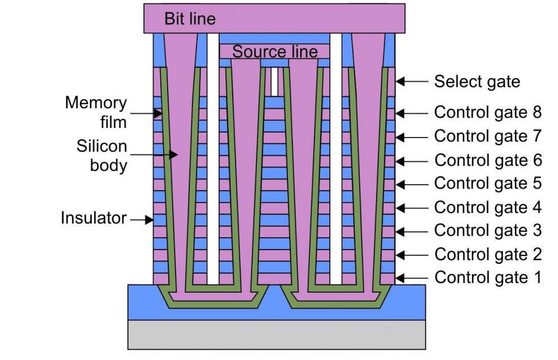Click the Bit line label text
[190, 19]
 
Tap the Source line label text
[275, 52]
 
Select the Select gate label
[476, 82]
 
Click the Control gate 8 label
[488, 112]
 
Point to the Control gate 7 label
[488, 136]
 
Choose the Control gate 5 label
[488, 183]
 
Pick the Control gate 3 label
[488, 230]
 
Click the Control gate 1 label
[488, 277]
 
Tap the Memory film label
[96, 112]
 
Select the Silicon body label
[102, 156]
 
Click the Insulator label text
[93, 218]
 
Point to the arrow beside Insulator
[142, 220]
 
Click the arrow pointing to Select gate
[412, 82]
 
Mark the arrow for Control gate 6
[412, 161]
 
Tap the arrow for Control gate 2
[412, 254]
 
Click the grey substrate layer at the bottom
[276, 334]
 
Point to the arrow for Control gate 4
[412, 208]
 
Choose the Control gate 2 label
[488, 254]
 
